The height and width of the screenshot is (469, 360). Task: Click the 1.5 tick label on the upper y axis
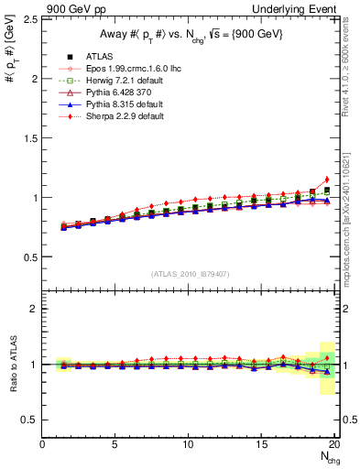coord(29,137)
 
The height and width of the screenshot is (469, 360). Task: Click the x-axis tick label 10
coord(189,444)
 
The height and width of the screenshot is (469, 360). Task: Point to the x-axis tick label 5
coord(115,444)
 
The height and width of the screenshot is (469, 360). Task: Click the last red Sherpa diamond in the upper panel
coord(327,180)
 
